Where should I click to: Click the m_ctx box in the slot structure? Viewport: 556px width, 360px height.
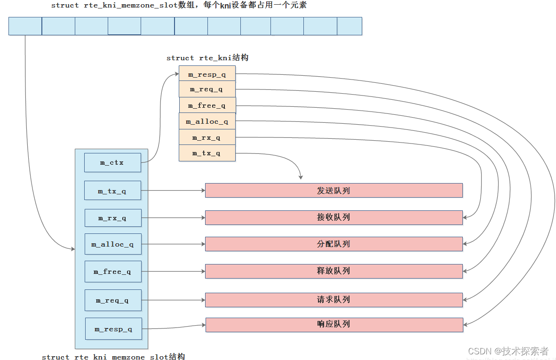112,162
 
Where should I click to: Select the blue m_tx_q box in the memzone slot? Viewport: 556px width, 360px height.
112,191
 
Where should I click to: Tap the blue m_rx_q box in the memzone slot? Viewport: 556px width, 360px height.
112,218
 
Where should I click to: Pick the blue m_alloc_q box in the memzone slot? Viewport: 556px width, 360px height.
112,244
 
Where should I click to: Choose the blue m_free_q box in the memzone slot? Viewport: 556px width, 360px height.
112,272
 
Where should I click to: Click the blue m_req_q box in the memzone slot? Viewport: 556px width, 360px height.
112,300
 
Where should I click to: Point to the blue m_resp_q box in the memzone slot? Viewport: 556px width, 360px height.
113,329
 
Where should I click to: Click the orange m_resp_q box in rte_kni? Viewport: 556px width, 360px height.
207,74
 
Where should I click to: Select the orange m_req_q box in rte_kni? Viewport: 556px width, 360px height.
207,89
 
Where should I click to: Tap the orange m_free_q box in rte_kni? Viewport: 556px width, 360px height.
207,105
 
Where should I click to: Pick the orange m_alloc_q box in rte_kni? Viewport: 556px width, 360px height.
207,121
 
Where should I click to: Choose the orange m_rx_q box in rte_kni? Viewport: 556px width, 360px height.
207,137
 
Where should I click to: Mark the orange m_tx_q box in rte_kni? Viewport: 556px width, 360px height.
207,153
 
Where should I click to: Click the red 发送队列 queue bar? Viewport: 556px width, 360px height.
334,191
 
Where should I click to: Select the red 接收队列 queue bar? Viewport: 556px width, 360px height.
334,217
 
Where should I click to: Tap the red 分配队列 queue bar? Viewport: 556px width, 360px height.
334,244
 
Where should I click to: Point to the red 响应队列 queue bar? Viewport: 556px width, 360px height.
334,325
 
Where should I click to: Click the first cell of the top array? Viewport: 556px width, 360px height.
25,26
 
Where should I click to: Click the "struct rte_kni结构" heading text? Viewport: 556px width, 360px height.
207,58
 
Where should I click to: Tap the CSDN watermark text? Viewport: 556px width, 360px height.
508,351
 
